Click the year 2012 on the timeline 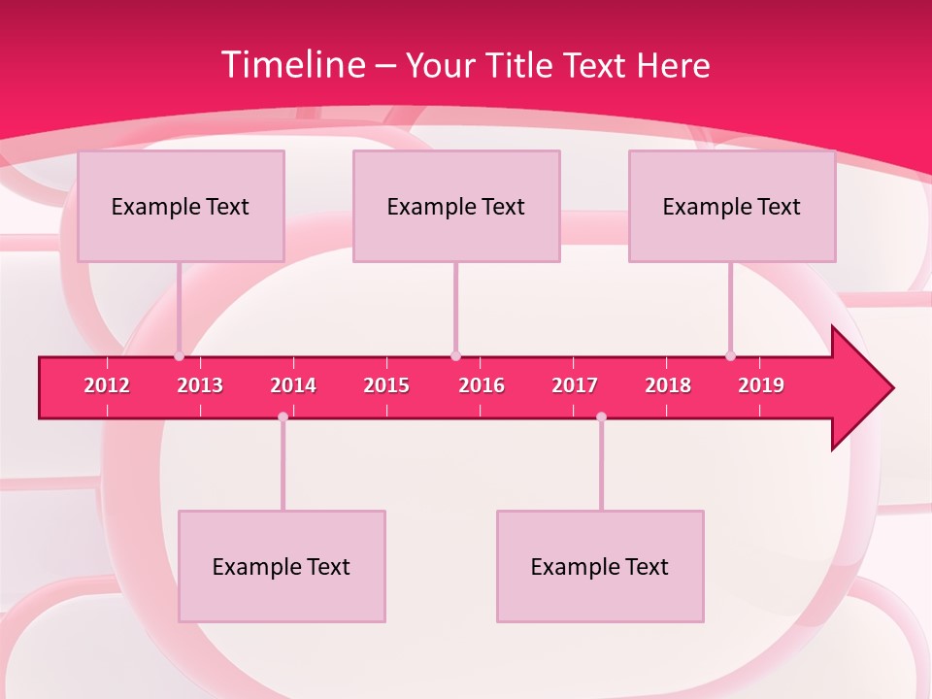(107, 385)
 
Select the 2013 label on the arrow (200, 385)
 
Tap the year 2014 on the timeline (293, 385)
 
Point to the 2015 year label (386, 385)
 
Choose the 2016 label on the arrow (482, 385)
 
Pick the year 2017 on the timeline (575, 385)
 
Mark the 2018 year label (668, 385)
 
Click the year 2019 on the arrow (761, 385)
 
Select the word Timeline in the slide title (292, 65)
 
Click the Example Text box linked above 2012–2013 (181, 206)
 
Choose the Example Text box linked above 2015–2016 (456, 206)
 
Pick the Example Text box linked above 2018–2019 (732, 206)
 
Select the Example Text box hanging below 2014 (282, 566)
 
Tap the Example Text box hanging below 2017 (600, 566)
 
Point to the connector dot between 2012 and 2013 (179, 356)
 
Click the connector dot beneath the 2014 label (283, 416)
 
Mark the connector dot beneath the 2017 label (601, 416)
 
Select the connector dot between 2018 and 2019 (730, 356)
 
